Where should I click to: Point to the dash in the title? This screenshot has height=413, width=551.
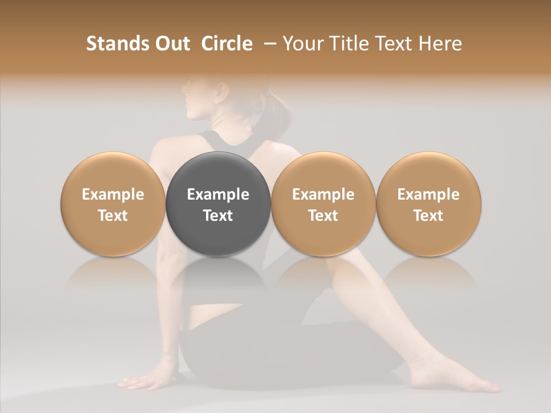click(268, 44)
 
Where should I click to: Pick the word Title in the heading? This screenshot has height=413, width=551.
click(351, 44)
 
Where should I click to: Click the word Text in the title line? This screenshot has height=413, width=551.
click(397, 44)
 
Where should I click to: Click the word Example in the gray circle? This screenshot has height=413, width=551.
click(218, 194)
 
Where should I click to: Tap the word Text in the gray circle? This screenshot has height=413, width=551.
click(218, 216)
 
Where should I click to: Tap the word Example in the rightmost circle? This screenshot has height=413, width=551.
click(429, 194)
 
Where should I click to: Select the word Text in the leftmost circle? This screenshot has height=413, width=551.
click(112, 216)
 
